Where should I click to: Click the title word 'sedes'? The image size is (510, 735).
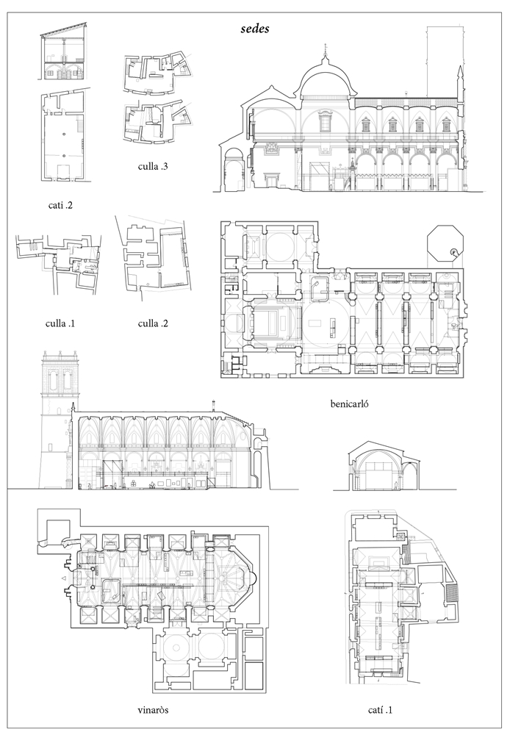pos(255,29)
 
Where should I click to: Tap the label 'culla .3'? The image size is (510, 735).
pos(153,166)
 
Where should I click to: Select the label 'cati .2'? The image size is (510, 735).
pos(60,205)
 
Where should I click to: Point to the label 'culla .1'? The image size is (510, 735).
pos(60,323)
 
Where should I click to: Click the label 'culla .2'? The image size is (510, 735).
pos(153,323)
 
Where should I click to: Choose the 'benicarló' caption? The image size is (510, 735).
pos(349,403)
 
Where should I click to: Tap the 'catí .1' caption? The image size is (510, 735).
pos(380,710)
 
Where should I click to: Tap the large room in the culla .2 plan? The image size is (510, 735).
pos(173,258)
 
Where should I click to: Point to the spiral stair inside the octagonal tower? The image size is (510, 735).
pos(453,253)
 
